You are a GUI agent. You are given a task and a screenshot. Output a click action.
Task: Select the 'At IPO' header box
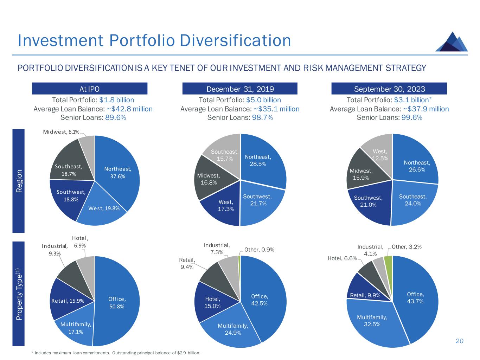[89, 89]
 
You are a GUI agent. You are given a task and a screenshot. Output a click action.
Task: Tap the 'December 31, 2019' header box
[240, 89]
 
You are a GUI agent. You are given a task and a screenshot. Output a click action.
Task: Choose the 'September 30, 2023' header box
[389, 89]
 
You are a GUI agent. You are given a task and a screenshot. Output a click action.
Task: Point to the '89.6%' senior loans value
[116, 118]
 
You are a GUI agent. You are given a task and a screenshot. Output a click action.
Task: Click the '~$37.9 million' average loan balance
[426, 109]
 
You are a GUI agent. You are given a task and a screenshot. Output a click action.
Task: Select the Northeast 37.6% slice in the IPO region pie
[118, 172]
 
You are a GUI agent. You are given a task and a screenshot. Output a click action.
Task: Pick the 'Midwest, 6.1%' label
[61, 132]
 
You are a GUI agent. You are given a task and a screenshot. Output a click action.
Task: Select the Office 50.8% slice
[117, 302]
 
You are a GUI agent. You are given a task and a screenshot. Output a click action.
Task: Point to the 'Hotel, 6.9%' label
[80, 242]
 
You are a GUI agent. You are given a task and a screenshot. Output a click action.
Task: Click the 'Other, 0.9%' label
[259, 250]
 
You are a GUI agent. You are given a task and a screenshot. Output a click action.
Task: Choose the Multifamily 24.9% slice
[233, 329]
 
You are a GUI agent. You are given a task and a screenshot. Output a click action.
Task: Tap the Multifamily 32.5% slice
[372, 321]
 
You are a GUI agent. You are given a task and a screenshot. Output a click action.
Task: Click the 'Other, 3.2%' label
[407, 247]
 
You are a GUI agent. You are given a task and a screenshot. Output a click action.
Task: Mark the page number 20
[459, 341]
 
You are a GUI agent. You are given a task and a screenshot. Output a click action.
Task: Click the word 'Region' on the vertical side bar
[19, 181]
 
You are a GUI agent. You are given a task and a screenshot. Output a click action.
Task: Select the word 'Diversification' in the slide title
[235, 40]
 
